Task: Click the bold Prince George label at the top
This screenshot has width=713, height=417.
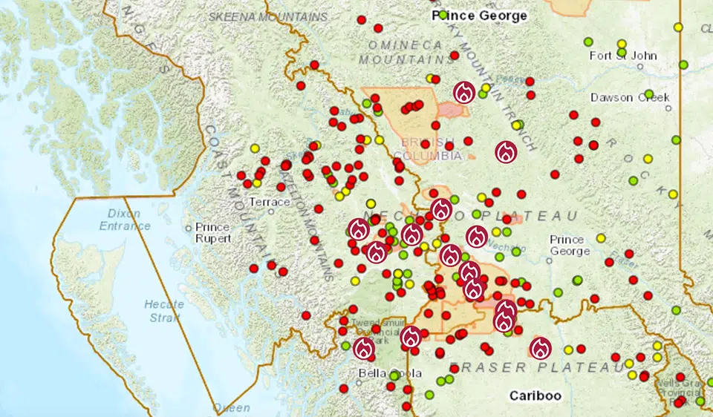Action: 480,16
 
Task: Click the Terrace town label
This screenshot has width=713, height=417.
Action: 270,202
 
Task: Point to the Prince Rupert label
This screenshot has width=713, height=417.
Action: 212,233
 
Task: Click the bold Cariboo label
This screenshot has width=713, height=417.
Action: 535,395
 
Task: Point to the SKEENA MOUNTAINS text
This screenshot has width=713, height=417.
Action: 268,16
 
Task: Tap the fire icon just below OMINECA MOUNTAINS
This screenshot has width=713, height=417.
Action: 464,93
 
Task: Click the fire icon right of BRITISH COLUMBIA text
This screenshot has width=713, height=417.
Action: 506,152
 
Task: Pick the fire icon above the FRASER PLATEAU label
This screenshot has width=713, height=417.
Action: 540,347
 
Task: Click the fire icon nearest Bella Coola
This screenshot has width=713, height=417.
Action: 364,348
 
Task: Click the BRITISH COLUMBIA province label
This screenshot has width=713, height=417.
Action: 432,148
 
